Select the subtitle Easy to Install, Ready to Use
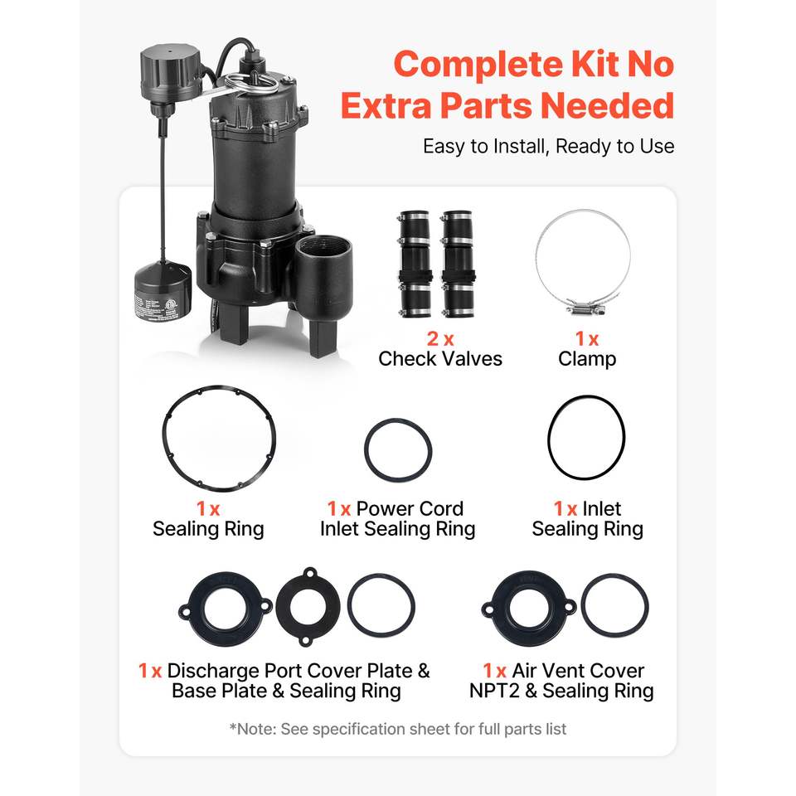pyautogui.click(x=548, y=146)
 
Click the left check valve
pyautogui.click(x=415, y=264)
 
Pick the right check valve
pyautogui.click(x=458, y=264)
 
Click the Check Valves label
pyautogui.click(x=440, y=359)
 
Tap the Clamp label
pyautogui.click(x=587, y=359)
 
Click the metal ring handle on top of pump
pyautogui.click(x=250, y=83)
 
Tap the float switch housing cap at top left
pyautogui.click(x=171, y=67)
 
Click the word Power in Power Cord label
pyautogui.click(x=384, y=508)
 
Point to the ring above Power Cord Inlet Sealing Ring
pyautogui.click(x=398, y=420)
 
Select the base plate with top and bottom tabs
pyautogui.click(x=308, y=606)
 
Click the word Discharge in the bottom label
pyautogui.click(x=213, y=671)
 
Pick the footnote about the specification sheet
pyautogui.click(x=398, y=729)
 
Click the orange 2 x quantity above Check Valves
pyautogui.click(x=439, y=338)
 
